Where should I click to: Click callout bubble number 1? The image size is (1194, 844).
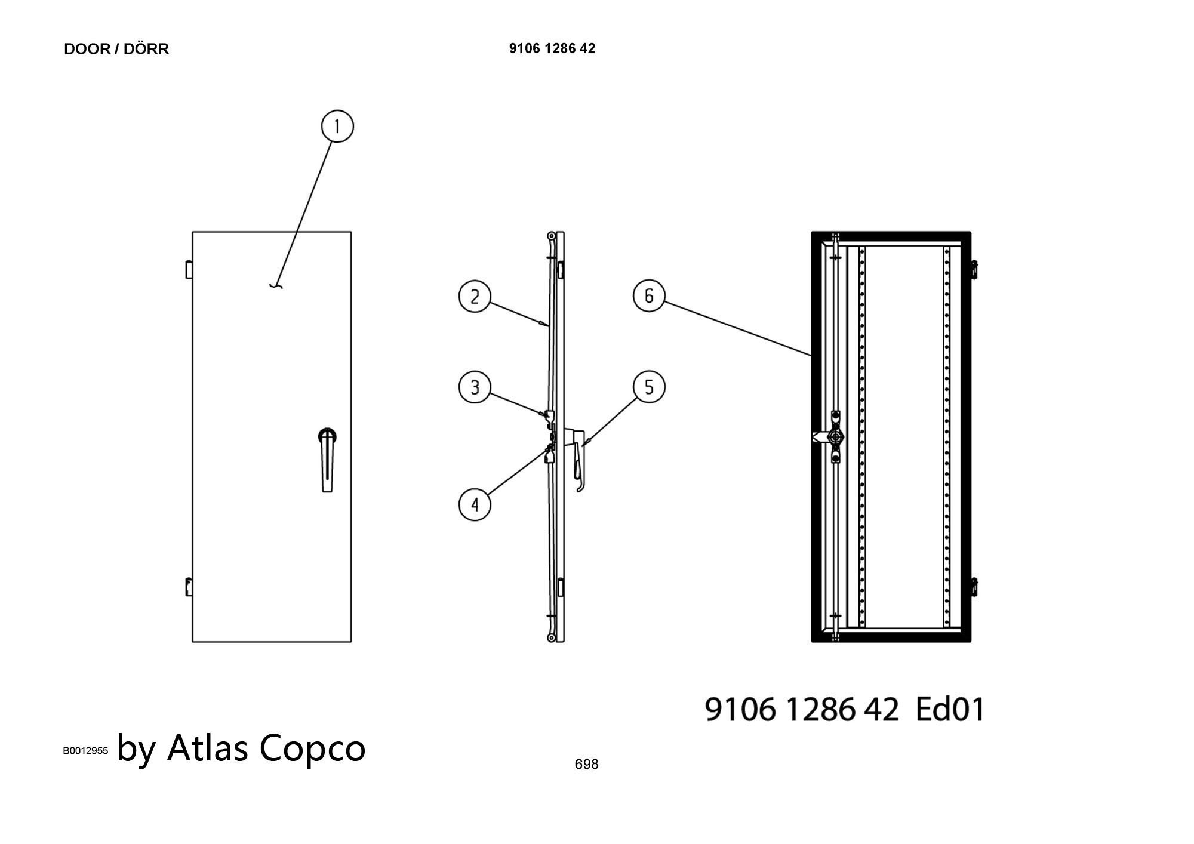[x=337, y=127]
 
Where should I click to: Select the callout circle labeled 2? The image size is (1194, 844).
[x=475, y=297]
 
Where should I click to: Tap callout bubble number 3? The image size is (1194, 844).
[x=475, y=387]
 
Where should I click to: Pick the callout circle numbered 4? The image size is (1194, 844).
[x=475, y=505]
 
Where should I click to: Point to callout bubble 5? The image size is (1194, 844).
[x=649, y=387]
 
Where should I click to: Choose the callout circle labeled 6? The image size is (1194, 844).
[x=649, y=296]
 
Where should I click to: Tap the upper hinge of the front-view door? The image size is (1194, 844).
[x=189, y=269]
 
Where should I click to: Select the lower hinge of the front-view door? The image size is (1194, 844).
[x=189, y=586]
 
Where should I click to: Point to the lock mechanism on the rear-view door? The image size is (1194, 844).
[x=835, y=438]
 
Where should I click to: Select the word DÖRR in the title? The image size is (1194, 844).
[x=146, y=49]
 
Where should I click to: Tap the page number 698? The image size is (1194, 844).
[x=586, y=764]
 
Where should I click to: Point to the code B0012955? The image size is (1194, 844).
[x=85, y=751]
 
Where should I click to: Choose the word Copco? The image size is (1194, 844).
[x=312, y=748]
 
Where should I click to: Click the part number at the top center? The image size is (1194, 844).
[x=552, y=48]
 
